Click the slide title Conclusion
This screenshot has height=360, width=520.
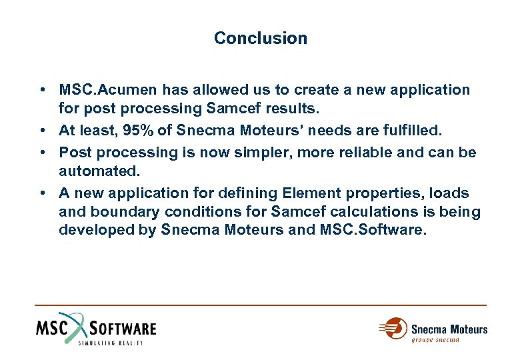click(261, 39)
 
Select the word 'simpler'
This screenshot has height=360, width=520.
click(257, 153)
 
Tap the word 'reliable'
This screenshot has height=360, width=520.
click(360, 153)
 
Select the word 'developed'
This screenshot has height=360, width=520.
click(97, 230)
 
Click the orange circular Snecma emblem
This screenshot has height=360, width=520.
click(396, 328)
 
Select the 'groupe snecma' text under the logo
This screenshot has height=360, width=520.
click(435, 340)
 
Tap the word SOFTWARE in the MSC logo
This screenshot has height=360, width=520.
click(123, 328)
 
